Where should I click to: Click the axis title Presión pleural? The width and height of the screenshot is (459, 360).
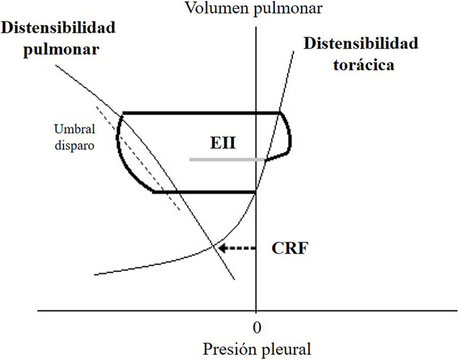click(x=257, y=349)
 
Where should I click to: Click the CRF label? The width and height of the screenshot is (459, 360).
click(x=290, y=248)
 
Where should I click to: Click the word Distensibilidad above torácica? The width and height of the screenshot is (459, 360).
click(x=361, y=44)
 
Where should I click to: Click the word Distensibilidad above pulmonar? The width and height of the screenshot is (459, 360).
click(x=58, y=28)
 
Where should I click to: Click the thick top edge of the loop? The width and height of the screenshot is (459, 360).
click(x=200, y=113)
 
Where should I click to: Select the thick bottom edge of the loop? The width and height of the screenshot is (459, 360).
click(x=205, y=192)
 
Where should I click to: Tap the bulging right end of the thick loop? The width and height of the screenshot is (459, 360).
click(x=290, y=136)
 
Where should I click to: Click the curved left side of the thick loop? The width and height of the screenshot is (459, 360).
click(x=119, y=146)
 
